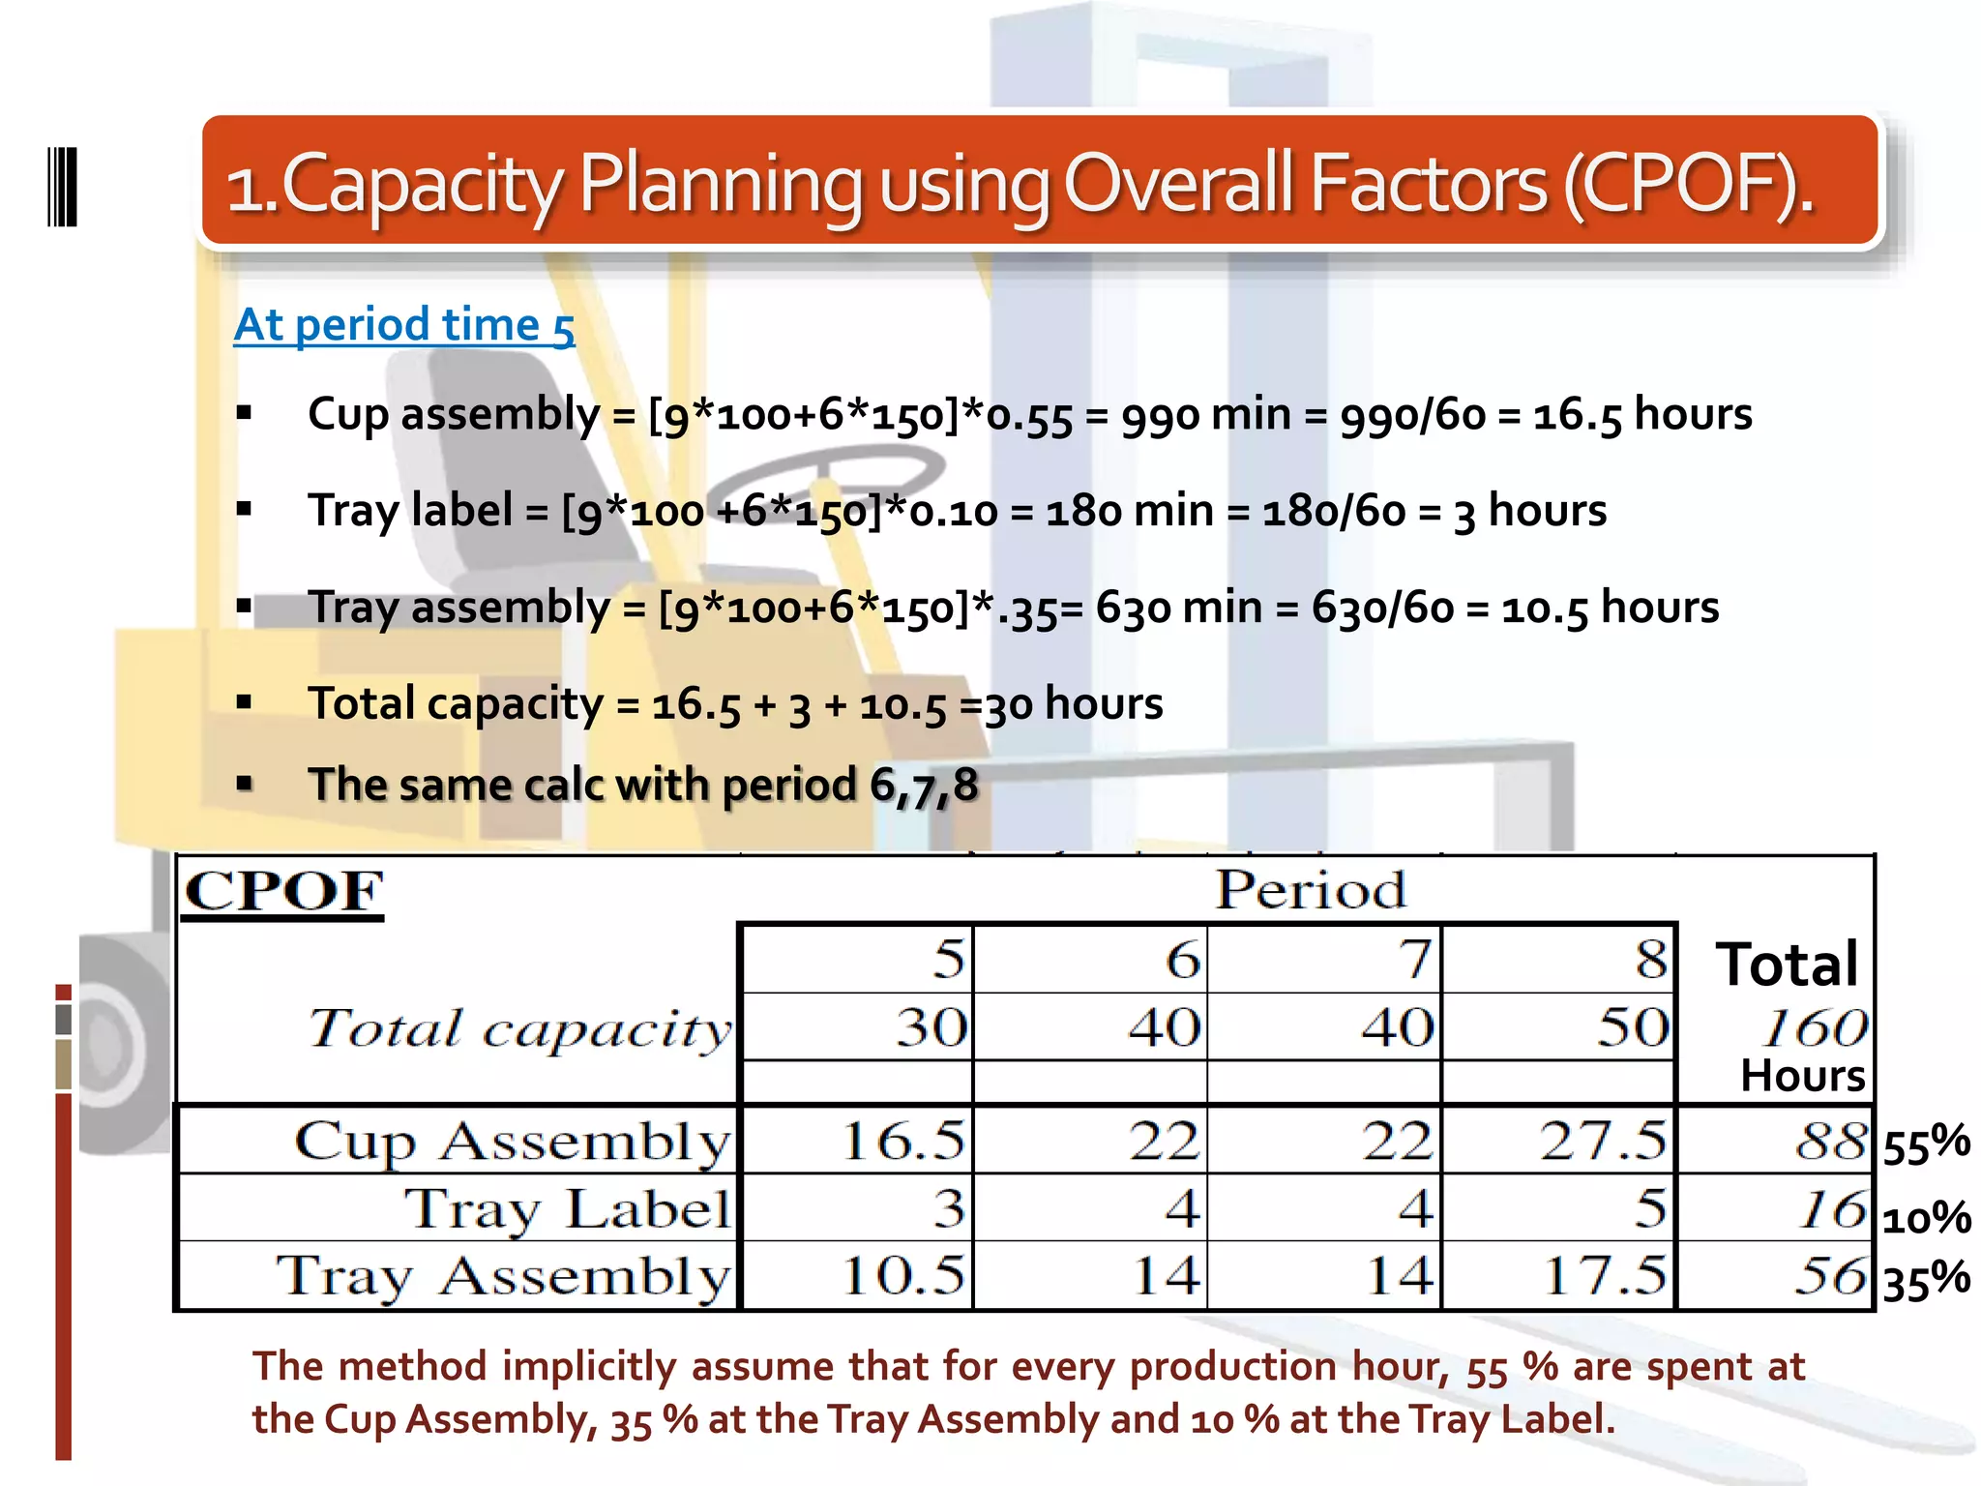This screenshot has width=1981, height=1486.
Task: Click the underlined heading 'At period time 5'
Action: [x=404, y=325]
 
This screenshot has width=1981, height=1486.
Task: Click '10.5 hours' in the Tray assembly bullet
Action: [x=1610, y=608]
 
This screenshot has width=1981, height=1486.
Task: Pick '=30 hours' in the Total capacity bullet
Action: [x=1061, y=703]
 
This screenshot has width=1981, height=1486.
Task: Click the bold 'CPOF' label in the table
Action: [x=283, y=891]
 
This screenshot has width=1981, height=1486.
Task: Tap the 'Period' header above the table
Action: [x=1311, y=889]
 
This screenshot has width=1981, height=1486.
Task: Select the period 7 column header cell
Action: [x=1324, y=960]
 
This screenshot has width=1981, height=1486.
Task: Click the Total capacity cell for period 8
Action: [x=1559, y=1027]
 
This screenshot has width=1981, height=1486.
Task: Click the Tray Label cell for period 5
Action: [x=856, y=1208]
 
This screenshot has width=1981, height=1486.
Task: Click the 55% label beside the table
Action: [x=1925, y=1144]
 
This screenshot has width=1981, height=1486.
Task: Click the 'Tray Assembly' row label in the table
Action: [x=503, y=1276]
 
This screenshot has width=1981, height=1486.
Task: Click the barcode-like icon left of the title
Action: [x=62, y=187]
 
